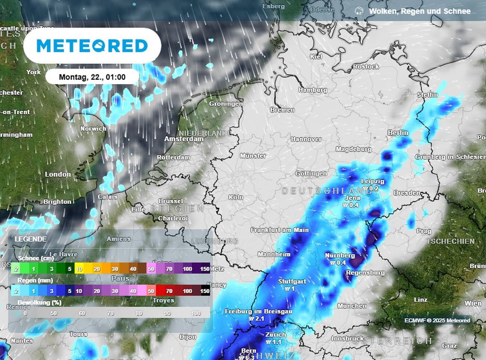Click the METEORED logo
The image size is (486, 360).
coord(92,46)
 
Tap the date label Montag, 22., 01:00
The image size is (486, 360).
coord(92,76)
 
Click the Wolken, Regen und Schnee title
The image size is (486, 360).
coord(420,11)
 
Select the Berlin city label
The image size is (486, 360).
coord(398,133)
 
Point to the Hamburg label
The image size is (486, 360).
coord(313,90)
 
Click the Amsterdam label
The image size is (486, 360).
coord(184,139)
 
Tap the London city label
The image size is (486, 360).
coord(58,174)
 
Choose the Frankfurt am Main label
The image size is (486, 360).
coord(280,230)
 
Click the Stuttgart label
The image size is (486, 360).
coord(292,281)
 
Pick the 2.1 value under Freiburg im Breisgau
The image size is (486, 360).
coord(259,319)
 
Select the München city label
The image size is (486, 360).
coord(352,306)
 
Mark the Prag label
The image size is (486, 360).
coord(423,231)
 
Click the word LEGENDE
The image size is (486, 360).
coord(31,239)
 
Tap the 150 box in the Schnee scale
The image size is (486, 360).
coord(205,269)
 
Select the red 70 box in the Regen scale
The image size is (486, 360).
coord(169,290)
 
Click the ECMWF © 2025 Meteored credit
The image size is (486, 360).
coord(437,321)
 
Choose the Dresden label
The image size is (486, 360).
coord(407,193)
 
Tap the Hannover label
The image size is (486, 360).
coord(306,139)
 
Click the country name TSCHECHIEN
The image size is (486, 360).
coord(450,241)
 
